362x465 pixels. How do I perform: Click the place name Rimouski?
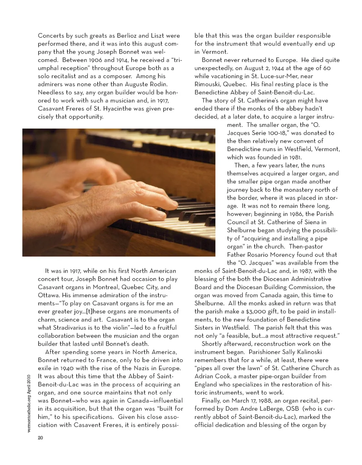click(211, 84)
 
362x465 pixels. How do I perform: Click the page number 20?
click(40, 438)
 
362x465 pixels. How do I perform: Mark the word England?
click(208, 385)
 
